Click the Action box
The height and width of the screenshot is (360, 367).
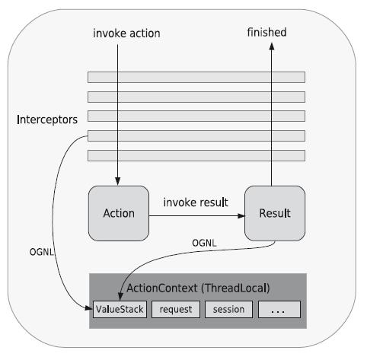coord(118,213)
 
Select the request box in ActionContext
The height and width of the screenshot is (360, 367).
coord(176,310)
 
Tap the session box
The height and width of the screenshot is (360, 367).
coord(228,310)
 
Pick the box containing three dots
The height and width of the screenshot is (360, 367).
coord(279,310)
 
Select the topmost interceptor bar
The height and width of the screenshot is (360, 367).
coord(196,77)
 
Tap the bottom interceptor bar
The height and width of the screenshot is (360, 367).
coord(196,155)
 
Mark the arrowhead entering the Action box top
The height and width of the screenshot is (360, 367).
coord(118,181)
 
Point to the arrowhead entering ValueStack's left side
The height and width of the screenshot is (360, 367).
coord(87,310)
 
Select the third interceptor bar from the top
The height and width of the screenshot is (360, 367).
coord(196,116)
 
